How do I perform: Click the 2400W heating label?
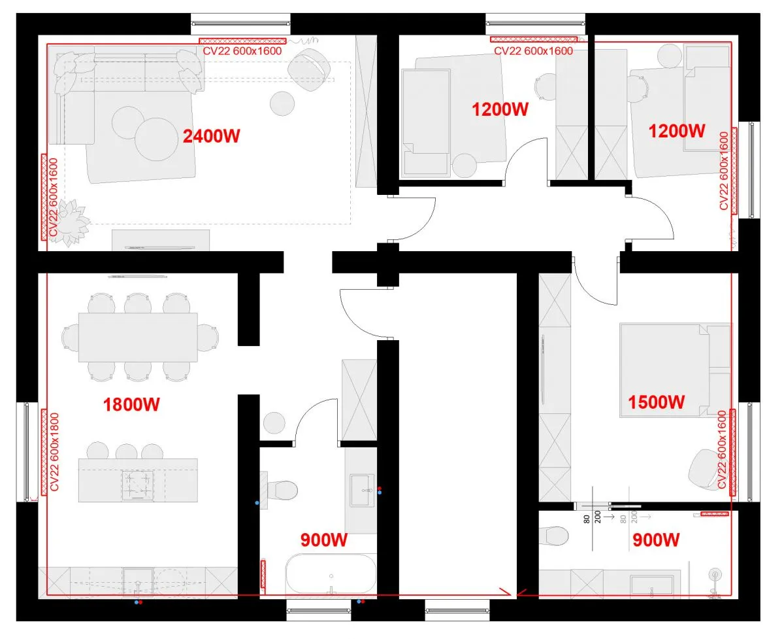tap(211, 136)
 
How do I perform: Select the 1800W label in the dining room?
tap(131, 404)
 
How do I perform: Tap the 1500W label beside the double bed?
tap(657, 402)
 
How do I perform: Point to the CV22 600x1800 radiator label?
tap(54, 452)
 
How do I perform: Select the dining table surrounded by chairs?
tap(138, 337)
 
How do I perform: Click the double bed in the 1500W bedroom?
tap(676, 370)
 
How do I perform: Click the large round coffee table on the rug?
tap(156, 139)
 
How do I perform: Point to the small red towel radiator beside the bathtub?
tap(263, 574)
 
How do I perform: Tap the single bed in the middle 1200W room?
tap(426, 122)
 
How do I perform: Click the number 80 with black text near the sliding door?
tap(587, 519)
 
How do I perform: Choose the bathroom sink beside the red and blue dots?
tap(362, 490)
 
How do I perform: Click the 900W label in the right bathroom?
tap(656, 540)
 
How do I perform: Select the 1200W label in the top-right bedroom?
tap(676, 131)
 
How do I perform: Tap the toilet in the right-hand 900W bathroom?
tap(553, 535)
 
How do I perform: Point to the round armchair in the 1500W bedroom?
tap(704, 469)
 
